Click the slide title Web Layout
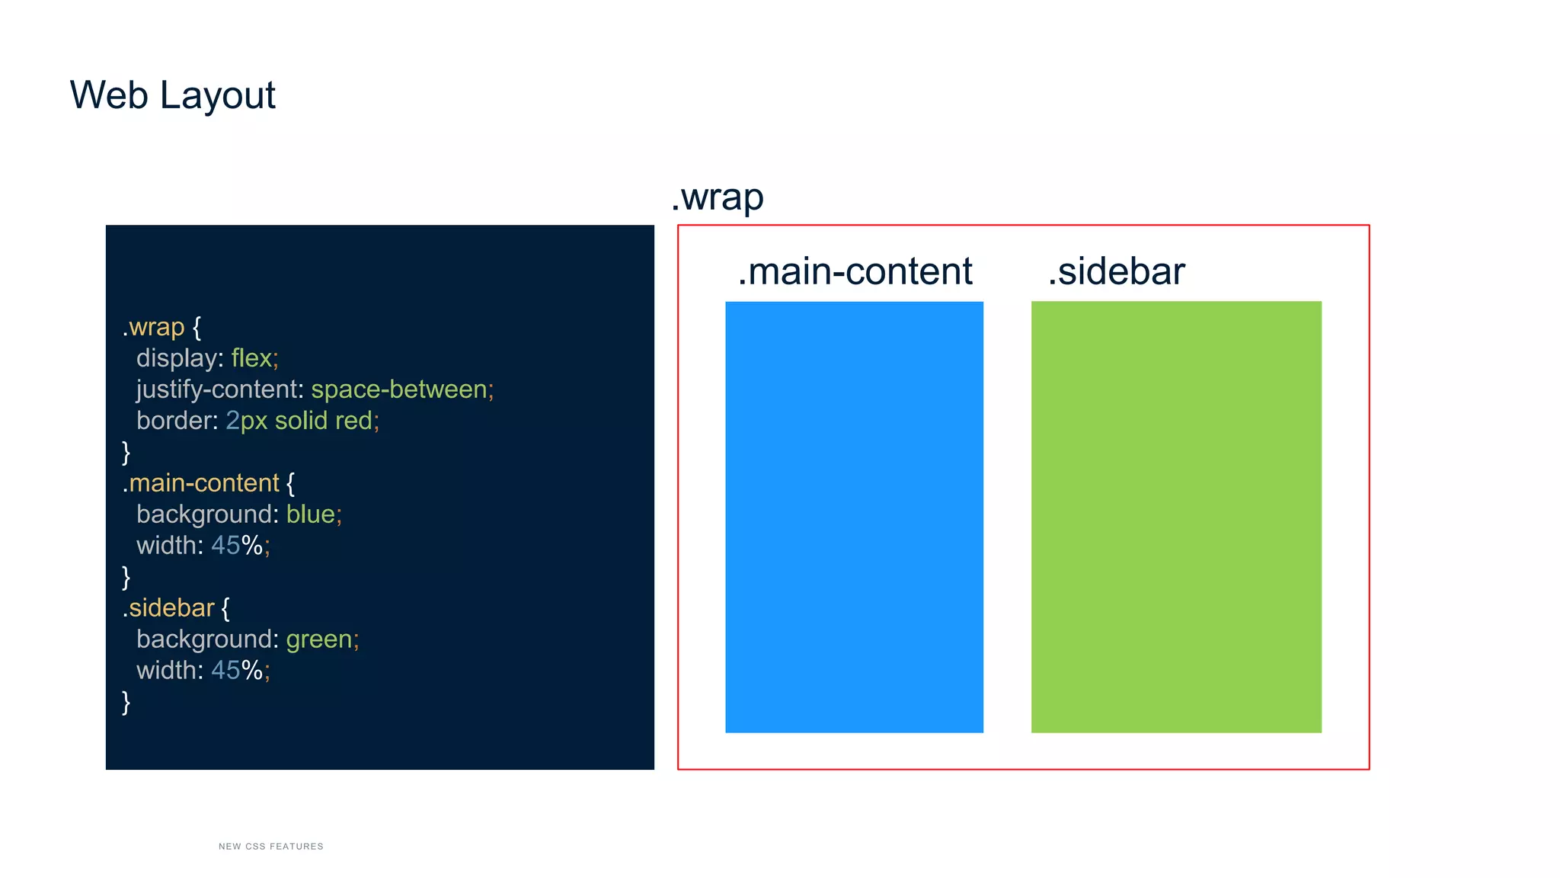coord(172,95)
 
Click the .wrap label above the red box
coord(718,197)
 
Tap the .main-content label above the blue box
coord(855,271)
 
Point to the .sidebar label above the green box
coord(1116,271)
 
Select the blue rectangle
coord(854,517)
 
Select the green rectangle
coord(1176,517)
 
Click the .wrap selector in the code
coord(154,327)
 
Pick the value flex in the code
coord(251,358)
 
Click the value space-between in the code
coord(399,389)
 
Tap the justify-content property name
coord(219,389)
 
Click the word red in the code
coord(353,421)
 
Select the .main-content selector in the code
coord(201,483)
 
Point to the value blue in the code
coord(311,514)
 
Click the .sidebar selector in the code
coord(168,608)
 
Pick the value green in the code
coord(319,639)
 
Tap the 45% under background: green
coord(237,671)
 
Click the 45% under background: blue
coord(237,546)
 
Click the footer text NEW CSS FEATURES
coord(271,846)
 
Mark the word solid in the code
coord(301,421)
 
